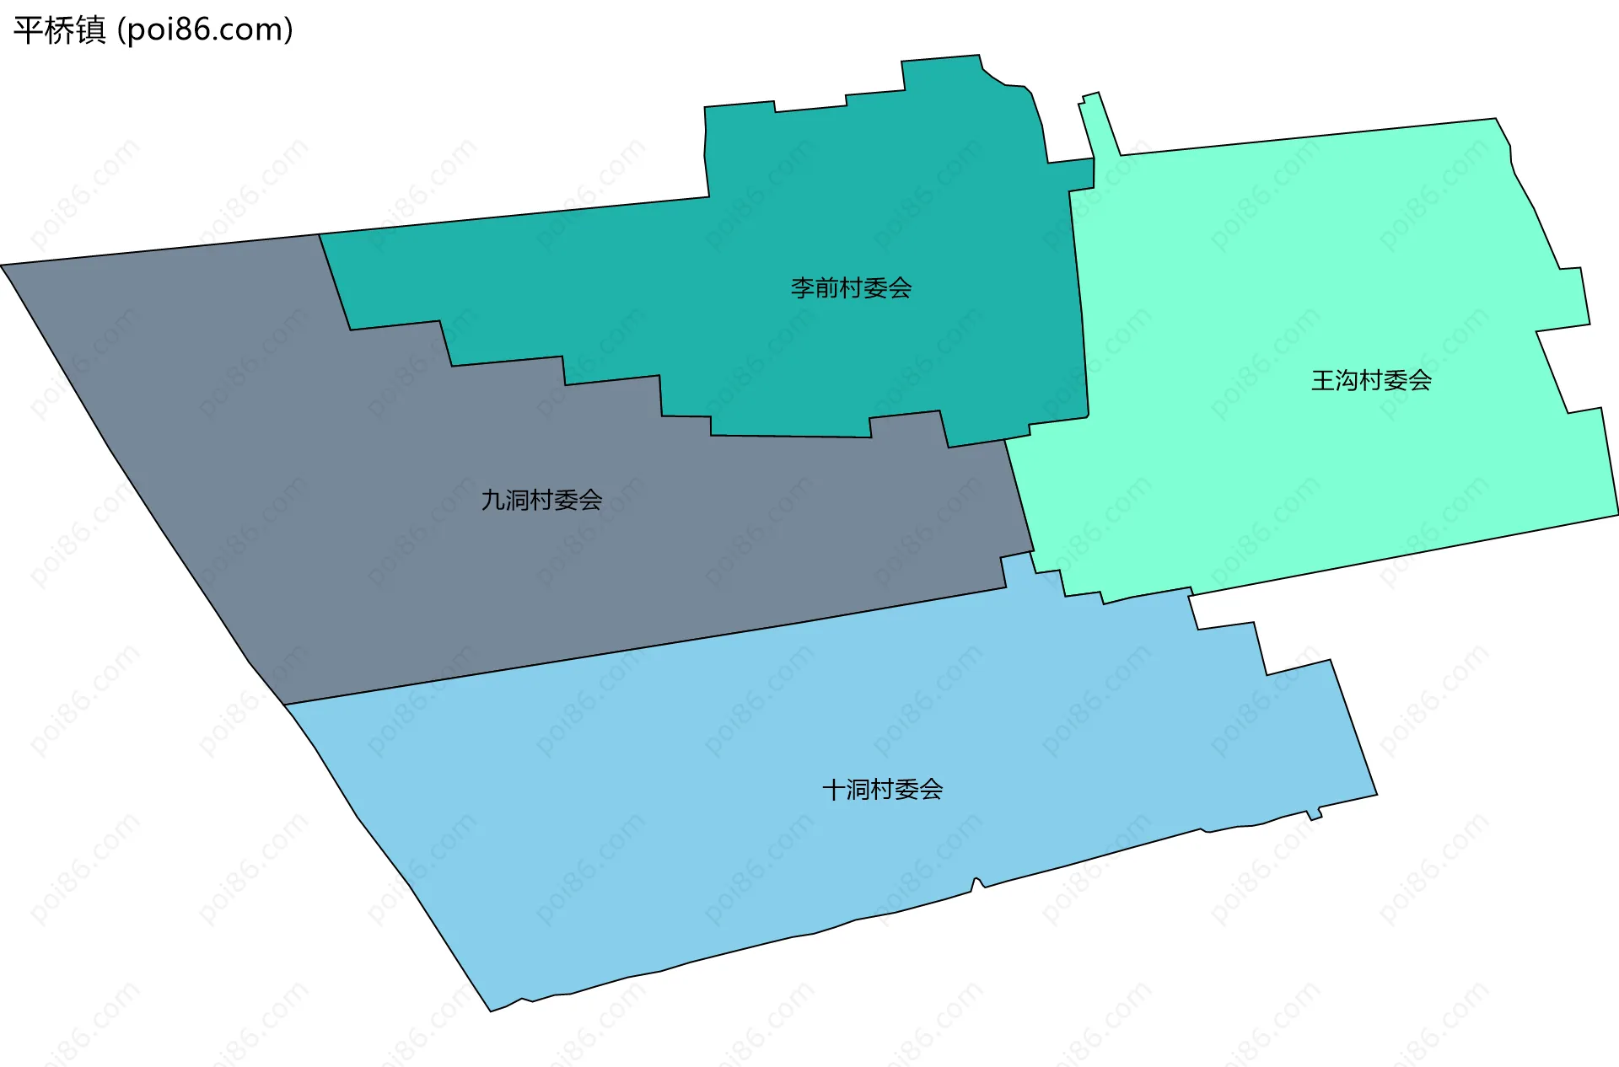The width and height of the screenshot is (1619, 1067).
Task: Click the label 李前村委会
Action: point(851,288)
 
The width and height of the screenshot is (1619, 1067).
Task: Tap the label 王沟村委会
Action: point(1371,380)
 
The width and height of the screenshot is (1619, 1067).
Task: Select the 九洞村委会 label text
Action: point(541,500)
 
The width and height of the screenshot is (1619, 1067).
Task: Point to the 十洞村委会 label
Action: point(882,790)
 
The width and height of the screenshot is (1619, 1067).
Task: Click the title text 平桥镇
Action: point(59,30)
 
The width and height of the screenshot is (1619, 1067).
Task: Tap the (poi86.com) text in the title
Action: point(205,30)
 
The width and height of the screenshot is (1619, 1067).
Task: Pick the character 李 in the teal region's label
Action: point(802,288)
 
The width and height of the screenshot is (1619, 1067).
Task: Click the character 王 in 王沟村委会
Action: point(1323,380)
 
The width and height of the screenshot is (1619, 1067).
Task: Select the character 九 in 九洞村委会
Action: point(492,500)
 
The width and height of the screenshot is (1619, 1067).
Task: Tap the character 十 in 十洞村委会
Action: point(833,790)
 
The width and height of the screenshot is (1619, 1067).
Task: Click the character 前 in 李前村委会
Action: point(826,288)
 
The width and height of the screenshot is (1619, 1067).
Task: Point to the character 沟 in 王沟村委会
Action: point(1347,380)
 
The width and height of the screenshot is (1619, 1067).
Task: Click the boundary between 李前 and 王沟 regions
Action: point(1079,295)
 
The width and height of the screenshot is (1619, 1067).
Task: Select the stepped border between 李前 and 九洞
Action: point(612,379)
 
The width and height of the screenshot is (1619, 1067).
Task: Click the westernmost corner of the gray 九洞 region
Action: point(3,265)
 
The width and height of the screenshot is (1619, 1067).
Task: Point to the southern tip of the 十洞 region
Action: point(492,1010)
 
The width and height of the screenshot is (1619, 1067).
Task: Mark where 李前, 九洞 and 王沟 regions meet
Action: point(1005,440)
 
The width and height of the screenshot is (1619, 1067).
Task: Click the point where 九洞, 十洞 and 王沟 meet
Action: point(1032,553)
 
